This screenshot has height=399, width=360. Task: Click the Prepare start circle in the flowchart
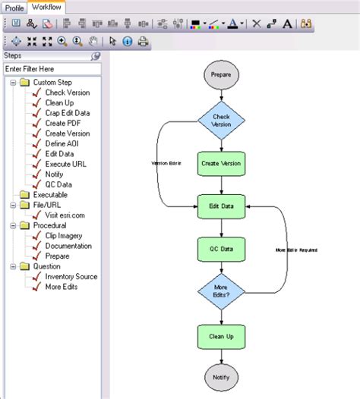click(x=221, y=75)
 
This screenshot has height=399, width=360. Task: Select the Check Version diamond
click(x=221, y=121)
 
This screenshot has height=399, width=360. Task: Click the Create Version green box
click(x=221, y=162)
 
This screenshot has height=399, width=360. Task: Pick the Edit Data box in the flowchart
click(x=221, y=206)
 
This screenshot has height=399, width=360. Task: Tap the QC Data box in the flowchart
click(x=221, y=248)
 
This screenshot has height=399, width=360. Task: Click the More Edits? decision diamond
click(x=221, y=292)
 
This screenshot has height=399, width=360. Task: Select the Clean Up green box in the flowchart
click(x=221, y=335)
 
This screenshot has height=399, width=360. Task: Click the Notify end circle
click(x=221, y=376)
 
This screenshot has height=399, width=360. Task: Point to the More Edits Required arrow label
click(x=296, y=250)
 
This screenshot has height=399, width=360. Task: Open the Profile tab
click(x=15, y=8)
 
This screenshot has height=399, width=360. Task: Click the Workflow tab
click(x=48, y=8)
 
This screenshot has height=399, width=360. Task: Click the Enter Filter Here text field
click(x=52, y=69)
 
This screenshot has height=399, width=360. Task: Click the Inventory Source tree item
click(x=71, y=277)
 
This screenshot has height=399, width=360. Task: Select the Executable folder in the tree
click(x=50, y=195)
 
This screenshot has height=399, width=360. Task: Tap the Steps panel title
click(x=13, y=55)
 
